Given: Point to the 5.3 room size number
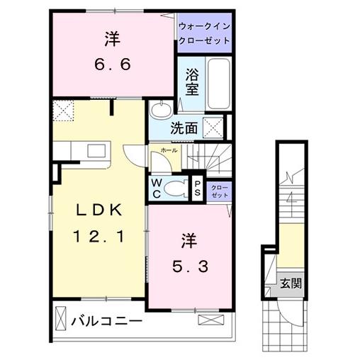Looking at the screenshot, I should pos(191,267).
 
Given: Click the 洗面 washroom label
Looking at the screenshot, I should pos(184,130).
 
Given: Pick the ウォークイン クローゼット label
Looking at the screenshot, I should pos(204,33).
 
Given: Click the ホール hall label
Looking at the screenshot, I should pos(169,151).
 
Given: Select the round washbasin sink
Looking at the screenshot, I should pos(159,110).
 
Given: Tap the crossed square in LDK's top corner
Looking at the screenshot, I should pos(65,111).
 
